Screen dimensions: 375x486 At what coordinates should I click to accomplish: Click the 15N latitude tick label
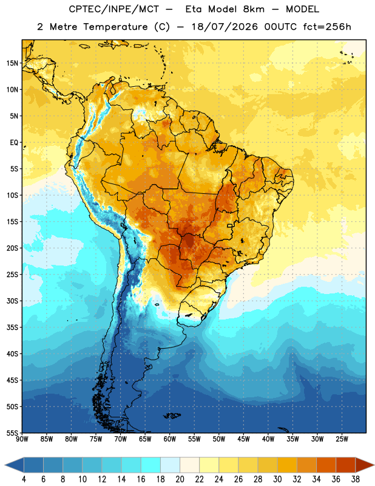tap(12, 63)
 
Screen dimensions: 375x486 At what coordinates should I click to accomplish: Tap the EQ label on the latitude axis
tap(14, 143)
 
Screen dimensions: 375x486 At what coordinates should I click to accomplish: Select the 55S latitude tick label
tap(12, 433)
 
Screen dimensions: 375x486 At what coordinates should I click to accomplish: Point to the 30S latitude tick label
tap(12, 301)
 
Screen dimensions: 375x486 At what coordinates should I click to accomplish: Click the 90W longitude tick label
tap(22, 439)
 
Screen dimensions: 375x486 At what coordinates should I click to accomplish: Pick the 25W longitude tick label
tap(342, 439)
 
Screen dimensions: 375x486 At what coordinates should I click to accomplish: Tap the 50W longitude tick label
tap(219, 439)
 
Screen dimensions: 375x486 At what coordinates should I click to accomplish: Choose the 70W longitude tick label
tap(121, 439)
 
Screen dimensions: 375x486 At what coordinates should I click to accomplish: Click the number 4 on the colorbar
tap(24, 479)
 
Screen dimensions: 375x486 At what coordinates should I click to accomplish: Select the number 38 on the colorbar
tap(355, 479)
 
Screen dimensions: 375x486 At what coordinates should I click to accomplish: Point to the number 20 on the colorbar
tap(180, 479)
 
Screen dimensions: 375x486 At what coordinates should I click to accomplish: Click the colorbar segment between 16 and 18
tap(151, 465)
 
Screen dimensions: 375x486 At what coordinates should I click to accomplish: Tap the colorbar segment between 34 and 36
tap(326, 465)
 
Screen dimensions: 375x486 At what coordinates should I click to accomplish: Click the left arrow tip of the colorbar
tap(5, 465)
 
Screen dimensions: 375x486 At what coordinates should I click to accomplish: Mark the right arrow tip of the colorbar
tap(374, 465)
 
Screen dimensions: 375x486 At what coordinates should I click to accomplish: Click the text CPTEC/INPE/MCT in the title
tap(114, 9)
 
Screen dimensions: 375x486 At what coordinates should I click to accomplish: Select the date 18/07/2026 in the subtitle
tap(225, 27)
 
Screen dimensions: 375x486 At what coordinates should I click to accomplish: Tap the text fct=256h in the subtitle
tap(327, 27)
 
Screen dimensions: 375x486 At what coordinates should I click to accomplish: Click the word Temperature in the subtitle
tap(115, 27)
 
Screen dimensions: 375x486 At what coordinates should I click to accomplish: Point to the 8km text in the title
tap(254, 9)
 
